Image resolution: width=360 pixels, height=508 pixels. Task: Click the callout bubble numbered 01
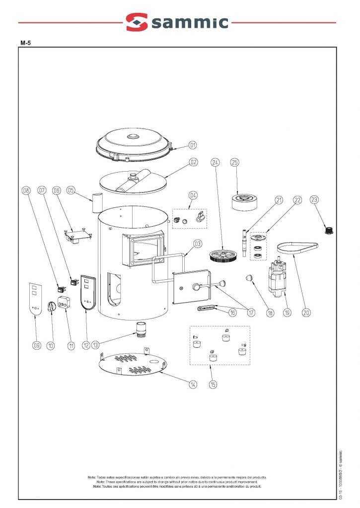(x=193, y=145)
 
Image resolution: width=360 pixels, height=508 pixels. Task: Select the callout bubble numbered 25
(x=235, y=162)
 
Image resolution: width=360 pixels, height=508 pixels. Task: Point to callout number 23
(x=314, y=200)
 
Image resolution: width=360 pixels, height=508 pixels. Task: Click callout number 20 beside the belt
(x=306, y=313)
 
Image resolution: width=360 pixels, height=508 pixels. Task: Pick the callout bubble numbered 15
(x=213, y=385)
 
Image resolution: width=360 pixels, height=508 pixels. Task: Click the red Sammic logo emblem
(x=137, y=22)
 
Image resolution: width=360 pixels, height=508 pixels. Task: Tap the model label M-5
(x=26, y=43)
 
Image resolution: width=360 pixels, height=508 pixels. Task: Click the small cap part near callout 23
(x=328, y=230)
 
